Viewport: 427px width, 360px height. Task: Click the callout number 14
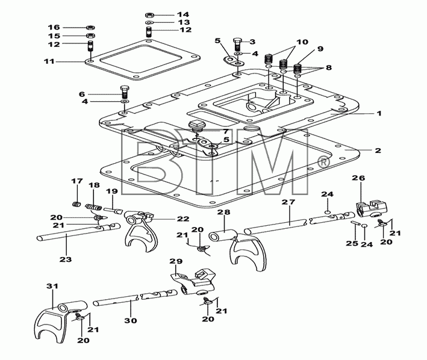182,14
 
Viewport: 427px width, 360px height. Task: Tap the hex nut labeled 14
150,14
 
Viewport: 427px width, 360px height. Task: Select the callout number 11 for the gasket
49,61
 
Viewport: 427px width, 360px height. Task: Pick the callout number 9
320,49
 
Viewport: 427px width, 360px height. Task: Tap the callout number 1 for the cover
379,113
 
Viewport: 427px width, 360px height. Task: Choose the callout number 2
378,151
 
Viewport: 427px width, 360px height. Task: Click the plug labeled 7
196,126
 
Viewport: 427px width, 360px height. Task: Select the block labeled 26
370,209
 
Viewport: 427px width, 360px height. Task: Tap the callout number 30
131,320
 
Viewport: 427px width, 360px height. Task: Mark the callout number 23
66,259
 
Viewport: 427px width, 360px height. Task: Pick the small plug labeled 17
77,204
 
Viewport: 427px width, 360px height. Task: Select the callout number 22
182,219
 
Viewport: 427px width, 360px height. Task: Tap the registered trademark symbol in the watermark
324,163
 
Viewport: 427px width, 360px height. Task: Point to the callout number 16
54,27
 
